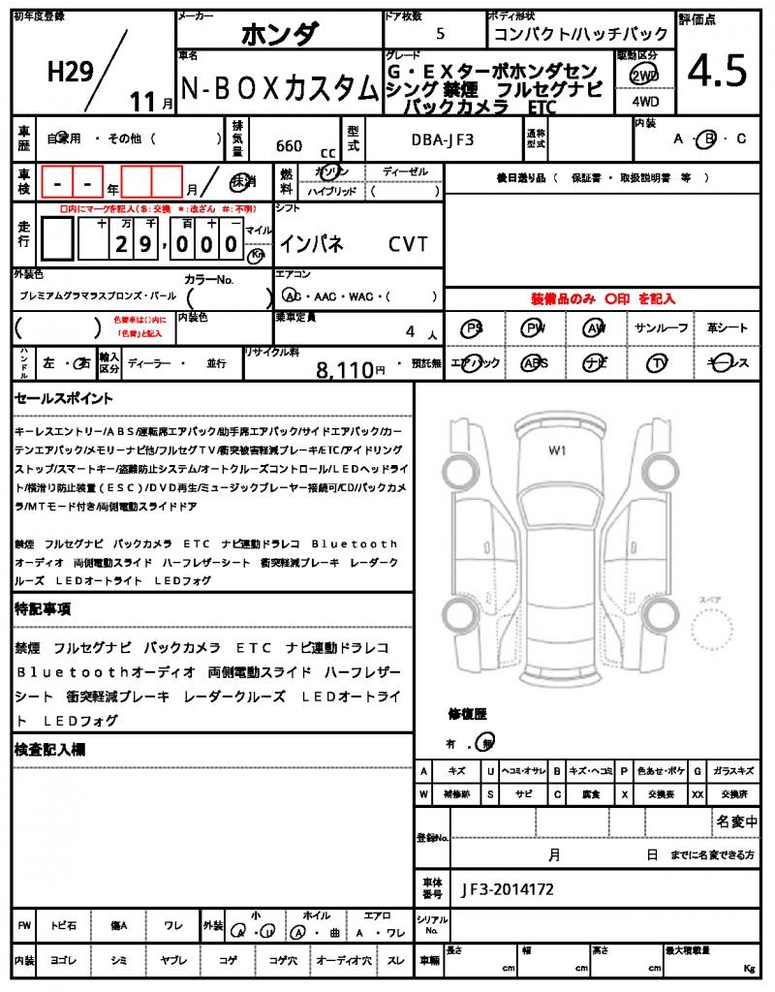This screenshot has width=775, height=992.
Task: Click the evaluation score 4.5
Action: [x=718, y=71]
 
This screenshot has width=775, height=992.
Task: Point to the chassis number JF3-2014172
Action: [x=508, y=888]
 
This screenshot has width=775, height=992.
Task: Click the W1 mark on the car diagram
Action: [x=557, y=449]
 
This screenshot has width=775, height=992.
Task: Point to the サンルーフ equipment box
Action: [x=662, y=328]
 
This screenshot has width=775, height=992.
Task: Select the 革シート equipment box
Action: [x=727, y=328]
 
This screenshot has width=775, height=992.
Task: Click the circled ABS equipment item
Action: [x=534, y=363]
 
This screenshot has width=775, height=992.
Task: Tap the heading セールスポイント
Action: [x=64, y=398]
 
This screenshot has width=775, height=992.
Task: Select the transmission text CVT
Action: [x=408, y=244]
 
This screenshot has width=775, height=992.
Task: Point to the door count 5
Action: [x=441, y=34]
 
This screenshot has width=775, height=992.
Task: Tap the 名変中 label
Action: [x=736, y=821]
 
